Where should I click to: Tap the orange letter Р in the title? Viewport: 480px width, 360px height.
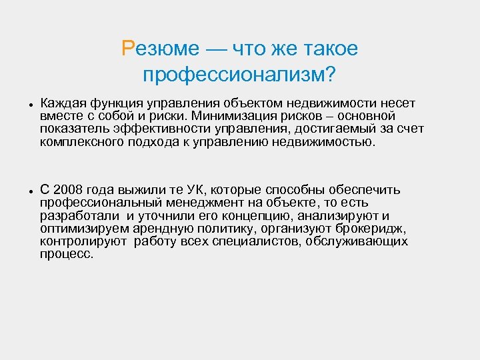pos(129,49)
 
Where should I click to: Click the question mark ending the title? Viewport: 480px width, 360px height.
pos(329,75)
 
